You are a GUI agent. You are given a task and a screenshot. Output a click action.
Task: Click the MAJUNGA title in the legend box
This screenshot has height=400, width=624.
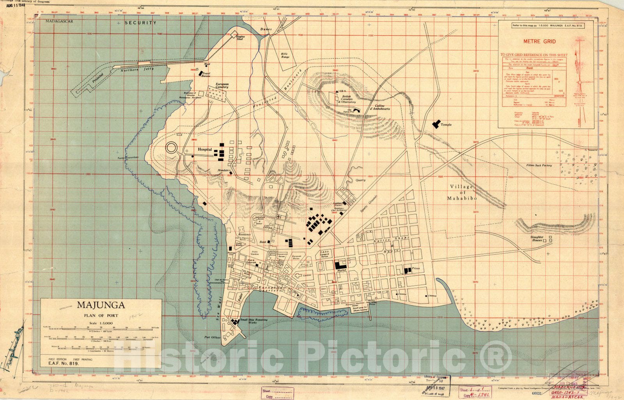101,304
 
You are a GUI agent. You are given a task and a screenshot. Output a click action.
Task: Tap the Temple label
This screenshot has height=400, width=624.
446,125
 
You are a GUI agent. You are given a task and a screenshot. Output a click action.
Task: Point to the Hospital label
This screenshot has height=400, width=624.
205,149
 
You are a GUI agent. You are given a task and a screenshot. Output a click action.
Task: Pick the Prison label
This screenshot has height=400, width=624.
416,269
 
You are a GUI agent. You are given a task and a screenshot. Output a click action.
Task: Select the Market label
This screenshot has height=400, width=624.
342,270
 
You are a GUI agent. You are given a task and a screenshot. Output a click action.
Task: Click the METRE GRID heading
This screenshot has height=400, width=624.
545,41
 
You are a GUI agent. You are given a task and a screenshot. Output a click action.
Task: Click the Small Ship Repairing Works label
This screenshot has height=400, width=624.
254,322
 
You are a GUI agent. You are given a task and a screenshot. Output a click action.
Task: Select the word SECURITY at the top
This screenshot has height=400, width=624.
140,23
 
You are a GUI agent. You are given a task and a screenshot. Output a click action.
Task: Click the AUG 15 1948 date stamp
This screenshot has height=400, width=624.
15,5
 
